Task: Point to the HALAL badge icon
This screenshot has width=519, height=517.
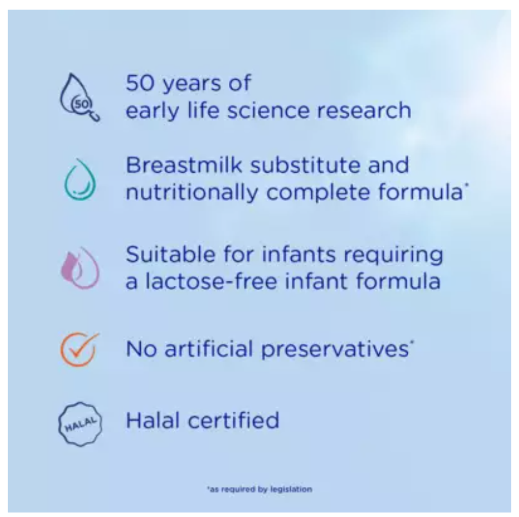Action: [80, 424]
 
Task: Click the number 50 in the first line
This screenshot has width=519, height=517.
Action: [140, 83]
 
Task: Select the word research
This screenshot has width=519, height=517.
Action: [364, 110]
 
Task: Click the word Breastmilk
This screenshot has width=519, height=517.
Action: [185, 164]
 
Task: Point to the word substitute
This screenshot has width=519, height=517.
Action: [305, 164]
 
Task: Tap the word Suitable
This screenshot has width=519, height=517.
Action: [170, 254]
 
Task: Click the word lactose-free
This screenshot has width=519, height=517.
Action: [211, 281]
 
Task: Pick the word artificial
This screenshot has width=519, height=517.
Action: [209, 349]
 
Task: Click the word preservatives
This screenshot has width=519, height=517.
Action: [335, 350]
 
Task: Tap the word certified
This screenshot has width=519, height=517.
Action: [233, 420]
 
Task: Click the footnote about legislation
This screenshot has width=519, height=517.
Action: [260, 489]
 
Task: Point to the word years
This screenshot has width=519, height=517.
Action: [192, 84]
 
